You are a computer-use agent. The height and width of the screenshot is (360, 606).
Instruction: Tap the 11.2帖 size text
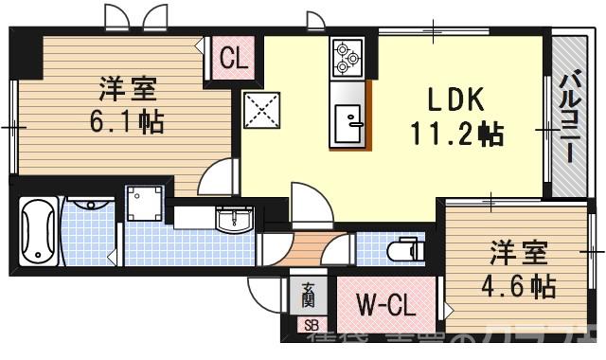point(455,134)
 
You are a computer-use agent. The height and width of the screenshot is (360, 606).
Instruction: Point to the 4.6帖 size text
point(518,284)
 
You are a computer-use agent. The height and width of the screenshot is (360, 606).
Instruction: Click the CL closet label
point(233,59)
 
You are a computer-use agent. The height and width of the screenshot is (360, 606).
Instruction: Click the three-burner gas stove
point(345,58)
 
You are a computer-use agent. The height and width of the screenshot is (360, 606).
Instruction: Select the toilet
point(403,249)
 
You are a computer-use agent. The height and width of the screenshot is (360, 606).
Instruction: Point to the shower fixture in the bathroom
point(87,203)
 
